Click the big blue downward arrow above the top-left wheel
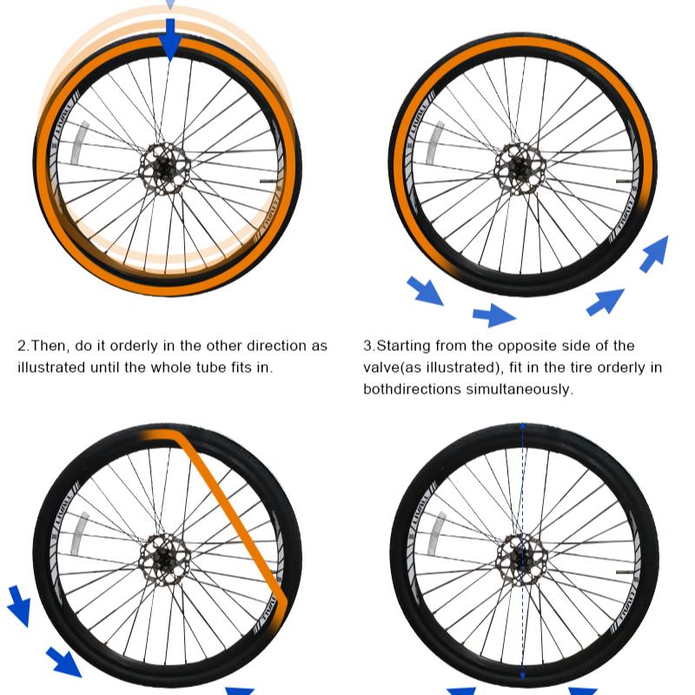tap(169, 39)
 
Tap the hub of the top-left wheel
tap(165, 169)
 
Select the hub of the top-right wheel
tap(520, 169)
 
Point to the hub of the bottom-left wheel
tap(165, 559)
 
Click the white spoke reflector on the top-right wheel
tap(434, 142)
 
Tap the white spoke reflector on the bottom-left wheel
tap(80, 534)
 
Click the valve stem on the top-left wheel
tap(268, 182)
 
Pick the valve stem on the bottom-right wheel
tap(624, 573)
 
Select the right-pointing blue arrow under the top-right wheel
tap(494, 315)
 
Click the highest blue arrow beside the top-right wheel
tap(654, 254)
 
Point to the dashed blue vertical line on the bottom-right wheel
tap(523, 551)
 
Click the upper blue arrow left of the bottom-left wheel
tap(19, 606)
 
